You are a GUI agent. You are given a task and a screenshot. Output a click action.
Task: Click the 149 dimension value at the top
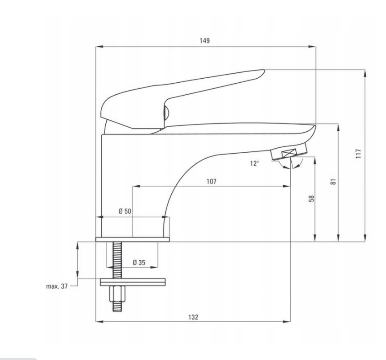click(205, 41)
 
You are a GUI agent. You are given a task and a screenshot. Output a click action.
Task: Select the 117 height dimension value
click(359, 153)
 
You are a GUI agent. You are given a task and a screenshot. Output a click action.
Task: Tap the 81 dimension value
click(333, 182)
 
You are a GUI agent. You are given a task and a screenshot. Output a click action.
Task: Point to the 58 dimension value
click(312, 198)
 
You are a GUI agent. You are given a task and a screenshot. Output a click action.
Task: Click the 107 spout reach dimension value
click(212, 182)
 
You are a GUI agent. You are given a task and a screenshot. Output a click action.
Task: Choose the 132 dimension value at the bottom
click(193, 317)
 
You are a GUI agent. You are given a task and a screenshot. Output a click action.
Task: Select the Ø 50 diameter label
click(125, 211)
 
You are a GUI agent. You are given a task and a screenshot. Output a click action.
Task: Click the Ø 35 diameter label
click(139, 263)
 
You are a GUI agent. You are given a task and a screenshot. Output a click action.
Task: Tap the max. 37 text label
click(57, 286)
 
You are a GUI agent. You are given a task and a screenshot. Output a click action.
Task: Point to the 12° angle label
click(255, 163)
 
